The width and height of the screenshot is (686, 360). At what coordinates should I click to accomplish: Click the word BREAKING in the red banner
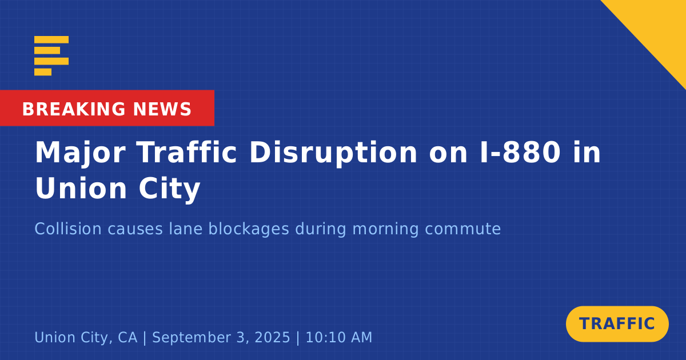click(x=74, y=109)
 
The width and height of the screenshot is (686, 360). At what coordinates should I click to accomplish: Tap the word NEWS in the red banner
click(x=162, y=109)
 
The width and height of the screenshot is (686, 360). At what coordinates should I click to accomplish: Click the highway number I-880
click(x=520, y=152)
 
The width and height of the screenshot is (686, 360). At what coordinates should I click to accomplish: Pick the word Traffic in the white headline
click(x=186, y=152)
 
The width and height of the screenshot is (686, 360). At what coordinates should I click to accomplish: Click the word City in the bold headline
click(x=169, y=189)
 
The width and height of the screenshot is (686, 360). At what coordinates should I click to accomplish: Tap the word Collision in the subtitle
click(x=68, y=229)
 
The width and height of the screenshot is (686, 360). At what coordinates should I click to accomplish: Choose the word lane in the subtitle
click(x=186, y=229)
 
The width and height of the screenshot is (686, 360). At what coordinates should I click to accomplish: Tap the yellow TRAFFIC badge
click(x=617, y=324)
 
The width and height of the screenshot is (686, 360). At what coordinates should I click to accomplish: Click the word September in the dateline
click(x=190, y=338)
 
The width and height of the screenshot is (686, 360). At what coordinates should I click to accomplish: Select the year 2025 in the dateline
click(x=272, y=337)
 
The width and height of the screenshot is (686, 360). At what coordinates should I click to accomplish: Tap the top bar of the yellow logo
click(x=51, y=39)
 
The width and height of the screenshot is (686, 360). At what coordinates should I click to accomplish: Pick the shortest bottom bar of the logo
click(x=43, y=72)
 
